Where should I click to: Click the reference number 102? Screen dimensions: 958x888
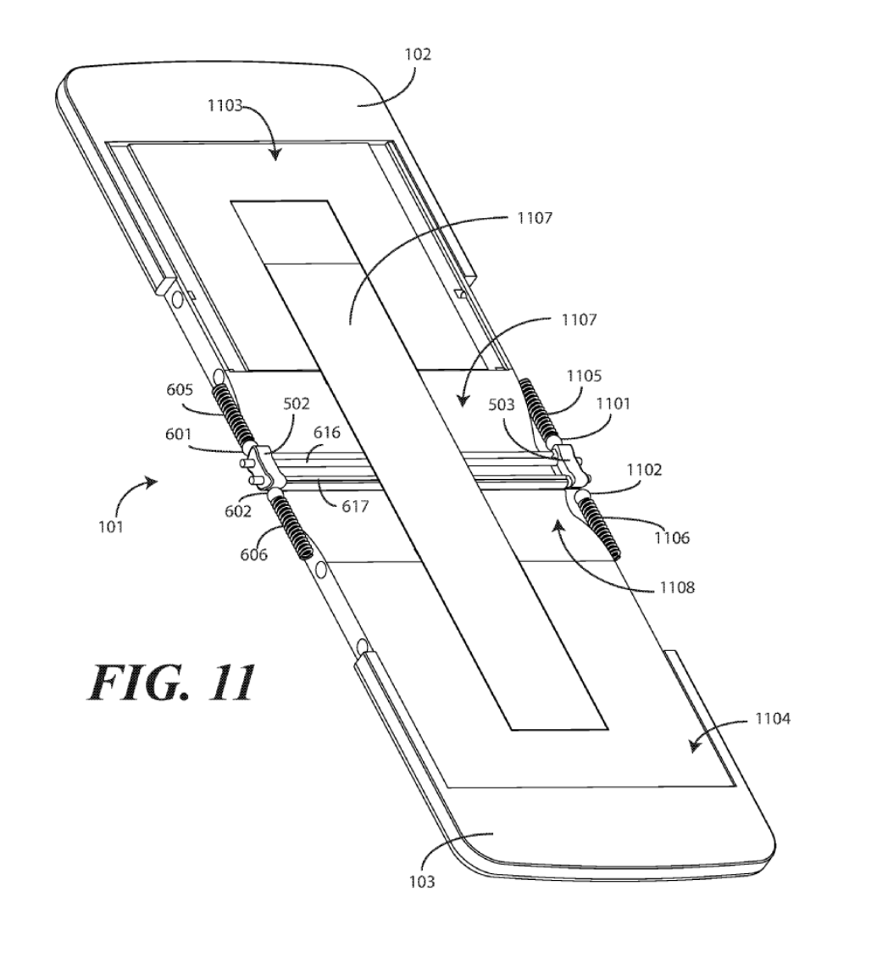(418, 54)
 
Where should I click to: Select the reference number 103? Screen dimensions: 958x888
(420, 882)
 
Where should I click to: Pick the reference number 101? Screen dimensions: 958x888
(110, 526)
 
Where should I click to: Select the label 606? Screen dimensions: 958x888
(254, 554)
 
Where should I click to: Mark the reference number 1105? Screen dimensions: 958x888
(584, 376)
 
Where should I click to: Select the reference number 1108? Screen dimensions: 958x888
(674, 586)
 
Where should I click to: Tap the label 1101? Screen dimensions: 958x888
(613, 404)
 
